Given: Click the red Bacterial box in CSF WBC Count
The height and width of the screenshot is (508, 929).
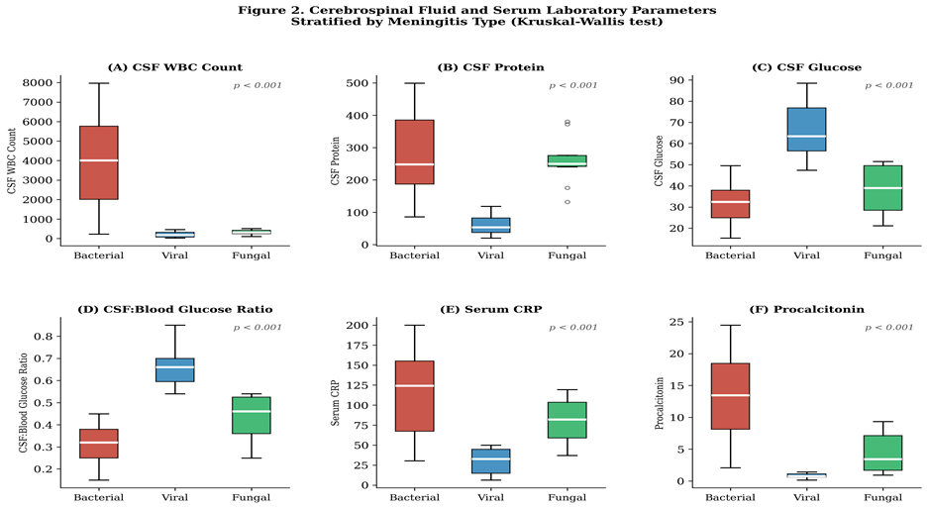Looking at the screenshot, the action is click(99, 162).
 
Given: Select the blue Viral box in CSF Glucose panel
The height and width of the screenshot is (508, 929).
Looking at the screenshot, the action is click(806, 129).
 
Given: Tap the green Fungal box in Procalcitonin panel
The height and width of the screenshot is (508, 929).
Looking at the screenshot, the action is click(882, 453).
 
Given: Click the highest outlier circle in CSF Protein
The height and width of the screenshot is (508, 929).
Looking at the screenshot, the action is click(568, 123).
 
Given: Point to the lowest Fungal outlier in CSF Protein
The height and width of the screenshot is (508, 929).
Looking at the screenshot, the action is click(568, 202).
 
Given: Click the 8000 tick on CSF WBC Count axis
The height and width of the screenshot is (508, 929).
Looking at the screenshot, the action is click(38, 83).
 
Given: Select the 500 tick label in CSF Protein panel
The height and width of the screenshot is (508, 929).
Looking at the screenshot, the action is click(357, 83).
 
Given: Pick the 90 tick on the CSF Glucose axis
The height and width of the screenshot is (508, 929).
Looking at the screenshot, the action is click(677, 80).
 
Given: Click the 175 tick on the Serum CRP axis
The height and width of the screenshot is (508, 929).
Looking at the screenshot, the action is click(357, 346).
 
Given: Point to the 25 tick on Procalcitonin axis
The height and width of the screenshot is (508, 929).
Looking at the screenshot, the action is click(677, 322).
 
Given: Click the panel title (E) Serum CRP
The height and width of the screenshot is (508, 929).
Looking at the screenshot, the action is click(490, 309).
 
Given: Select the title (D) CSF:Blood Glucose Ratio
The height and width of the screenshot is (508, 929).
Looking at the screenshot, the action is click(174, 309).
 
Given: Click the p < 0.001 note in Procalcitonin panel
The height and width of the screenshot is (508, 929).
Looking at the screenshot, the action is click(888, 328).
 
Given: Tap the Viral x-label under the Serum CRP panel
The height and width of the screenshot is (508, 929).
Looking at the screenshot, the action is click(490, 497).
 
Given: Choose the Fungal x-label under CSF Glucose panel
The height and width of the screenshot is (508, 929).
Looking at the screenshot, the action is click(882, 255).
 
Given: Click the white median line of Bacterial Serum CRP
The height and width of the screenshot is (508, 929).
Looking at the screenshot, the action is click(415, 386).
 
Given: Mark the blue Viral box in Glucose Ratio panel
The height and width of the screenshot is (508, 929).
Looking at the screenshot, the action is click(174, 370).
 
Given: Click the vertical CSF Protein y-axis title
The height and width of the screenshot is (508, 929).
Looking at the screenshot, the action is click(336, 161).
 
